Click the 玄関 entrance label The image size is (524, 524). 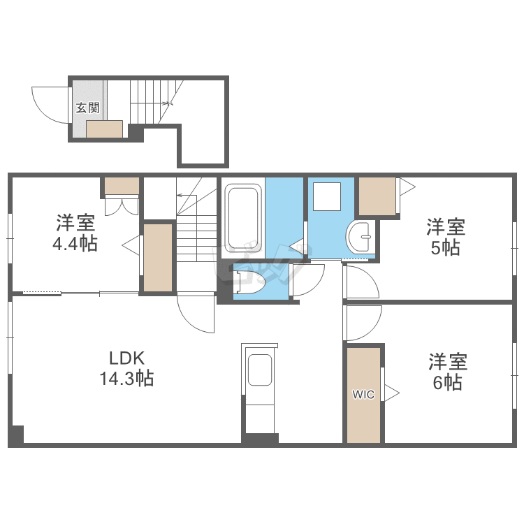[87, 108]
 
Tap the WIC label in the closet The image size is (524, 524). [363, 395]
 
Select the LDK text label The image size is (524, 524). [127, 358]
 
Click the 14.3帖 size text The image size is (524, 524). [127, 379]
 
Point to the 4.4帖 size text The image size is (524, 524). [75, 244]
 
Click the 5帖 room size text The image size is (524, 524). [446, 247]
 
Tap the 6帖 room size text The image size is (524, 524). [448, 383]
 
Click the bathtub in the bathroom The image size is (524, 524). [243, 218]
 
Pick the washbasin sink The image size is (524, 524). [358, 237]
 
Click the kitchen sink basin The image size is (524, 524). [260, 370]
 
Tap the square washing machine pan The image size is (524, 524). [327, 196]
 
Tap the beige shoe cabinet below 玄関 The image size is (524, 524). [104, 129]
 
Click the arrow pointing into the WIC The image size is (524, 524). [392, 393]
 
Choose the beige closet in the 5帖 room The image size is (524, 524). [377, 196]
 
